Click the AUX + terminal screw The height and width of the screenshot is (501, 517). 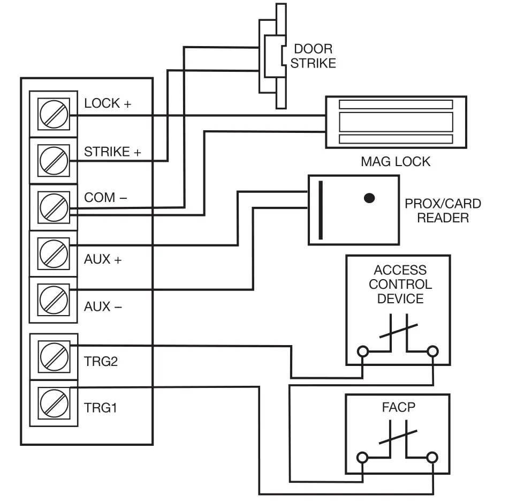tap(54, 252)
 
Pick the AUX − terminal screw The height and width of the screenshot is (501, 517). tap(54, 299)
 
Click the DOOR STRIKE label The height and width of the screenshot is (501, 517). tap(313, 56)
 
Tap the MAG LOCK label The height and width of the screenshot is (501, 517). tap(396, 161)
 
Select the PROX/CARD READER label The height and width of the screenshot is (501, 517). tap(443, 211)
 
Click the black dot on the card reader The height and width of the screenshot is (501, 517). tap(369, 198)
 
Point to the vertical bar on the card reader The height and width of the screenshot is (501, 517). tap(321, 210)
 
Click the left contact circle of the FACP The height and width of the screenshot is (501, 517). tap(363, 458)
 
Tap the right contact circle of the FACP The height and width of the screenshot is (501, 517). tap(431, 458)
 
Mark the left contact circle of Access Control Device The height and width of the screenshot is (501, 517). tap(363, 352)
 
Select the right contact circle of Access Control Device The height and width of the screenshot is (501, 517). tap(431, 352)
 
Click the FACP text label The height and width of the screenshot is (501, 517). tap(399, 408)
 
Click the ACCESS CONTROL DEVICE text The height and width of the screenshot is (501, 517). tap(400, 285)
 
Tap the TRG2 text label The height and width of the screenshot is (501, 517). tap(101, 361)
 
